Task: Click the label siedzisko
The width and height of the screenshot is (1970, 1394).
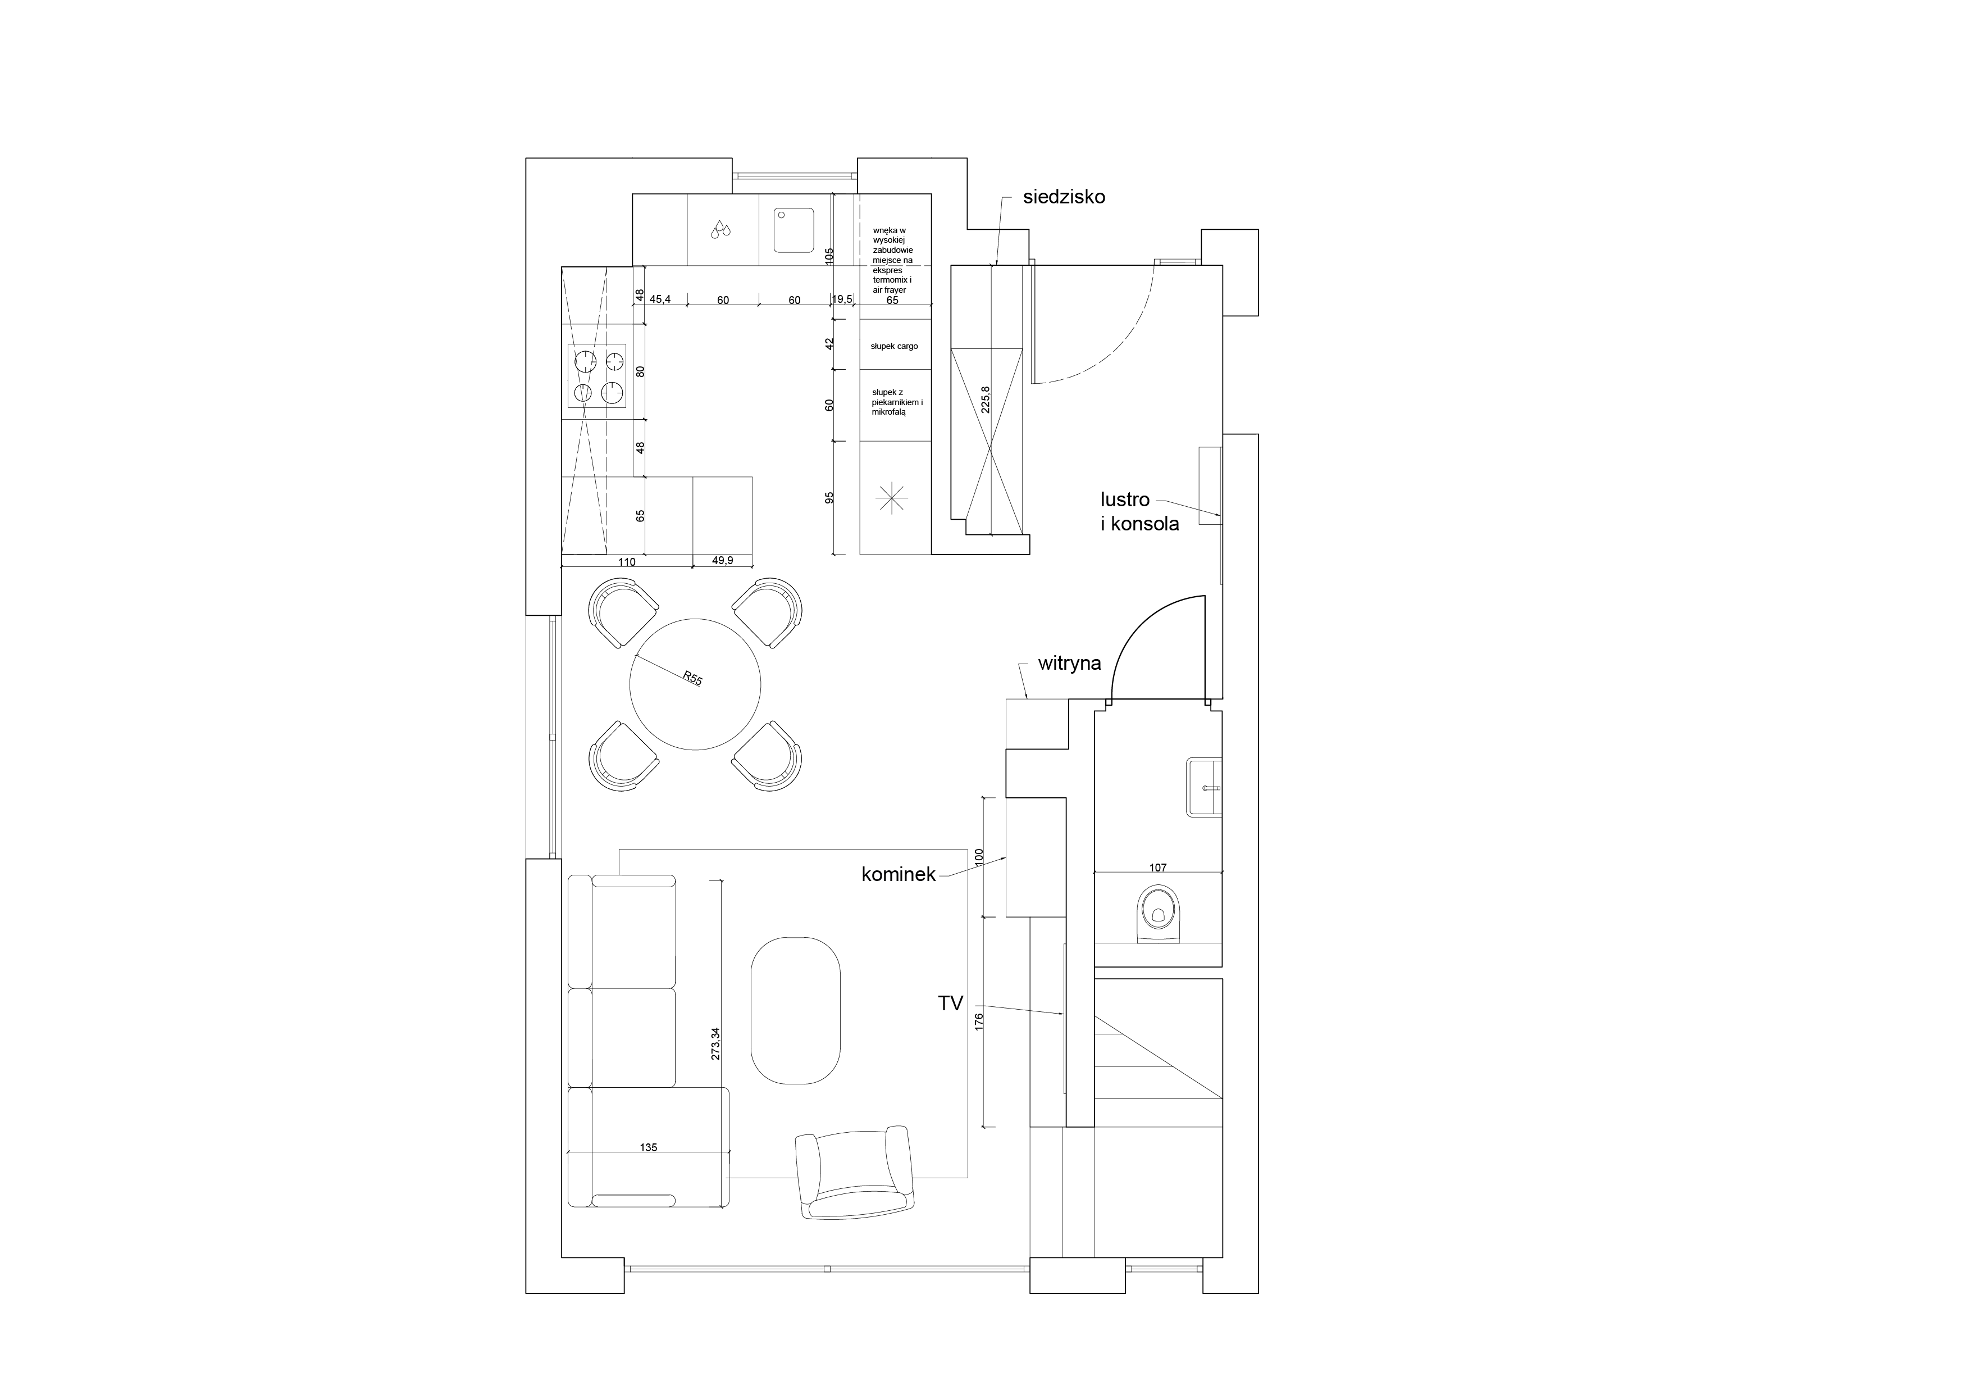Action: (1064, 197)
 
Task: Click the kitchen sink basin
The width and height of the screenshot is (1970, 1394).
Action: (794, 230)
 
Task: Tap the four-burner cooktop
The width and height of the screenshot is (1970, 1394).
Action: (597, 376)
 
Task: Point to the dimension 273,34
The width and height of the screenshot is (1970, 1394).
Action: (715, 1045)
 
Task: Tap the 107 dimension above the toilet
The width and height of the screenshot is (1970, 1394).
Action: (1157, 868)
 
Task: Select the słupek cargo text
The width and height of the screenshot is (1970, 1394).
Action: (894, 346)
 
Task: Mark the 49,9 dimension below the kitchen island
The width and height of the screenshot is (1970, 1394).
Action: (722, 561)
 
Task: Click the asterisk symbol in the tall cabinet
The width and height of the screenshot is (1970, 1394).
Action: (891, 498)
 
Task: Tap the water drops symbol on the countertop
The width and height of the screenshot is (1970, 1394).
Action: (720, 229)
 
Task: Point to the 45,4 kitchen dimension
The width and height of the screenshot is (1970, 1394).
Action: (660, 299)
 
